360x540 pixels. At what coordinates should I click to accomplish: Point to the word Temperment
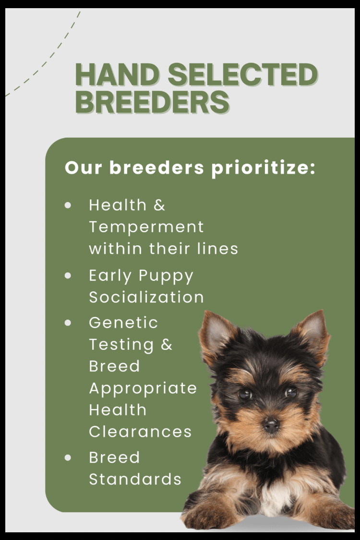click(x=146, y=227)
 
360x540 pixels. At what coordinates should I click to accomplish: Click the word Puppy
click(x=166, y=276)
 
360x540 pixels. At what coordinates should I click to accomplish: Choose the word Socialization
click(x=146, y=297)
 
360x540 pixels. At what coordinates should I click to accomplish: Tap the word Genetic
click(x=123, y=323)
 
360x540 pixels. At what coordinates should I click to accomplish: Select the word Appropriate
click(x=143, y=389)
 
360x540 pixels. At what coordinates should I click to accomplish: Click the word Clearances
click(x=140, y=432)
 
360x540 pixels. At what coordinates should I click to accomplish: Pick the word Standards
click(x=135, y=479)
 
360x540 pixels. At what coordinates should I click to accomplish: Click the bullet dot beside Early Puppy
click(x=68, y=276)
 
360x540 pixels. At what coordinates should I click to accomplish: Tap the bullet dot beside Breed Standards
click(x=68, y=458)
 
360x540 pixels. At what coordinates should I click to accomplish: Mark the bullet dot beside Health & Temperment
click(x=68, y=205)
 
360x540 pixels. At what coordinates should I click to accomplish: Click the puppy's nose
click(x=271, y=425)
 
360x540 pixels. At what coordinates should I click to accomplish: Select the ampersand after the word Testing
click(x=167, y=344)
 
